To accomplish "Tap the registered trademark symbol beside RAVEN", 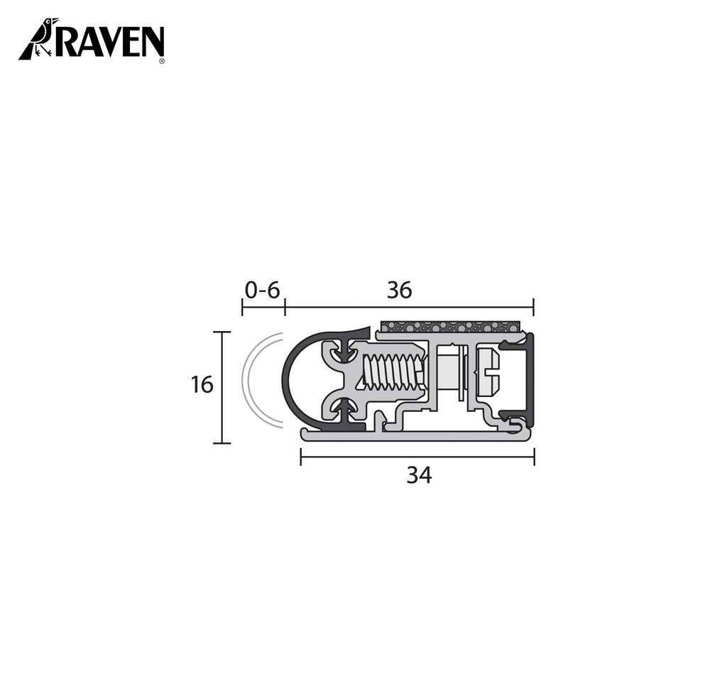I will (x=163, y=62).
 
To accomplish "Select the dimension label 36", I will (x=399, y=290).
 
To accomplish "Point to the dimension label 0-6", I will (x=263, y=290).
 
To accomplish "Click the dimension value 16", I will (x=202, y=385).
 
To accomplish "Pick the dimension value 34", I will (x=419, y=476).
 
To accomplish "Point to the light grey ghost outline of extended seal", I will (x=248, y=380).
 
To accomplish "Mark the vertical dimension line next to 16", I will (x=223, y=387).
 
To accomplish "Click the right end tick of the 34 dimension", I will (x=534, y=457).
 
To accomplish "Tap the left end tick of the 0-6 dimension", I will (x=242, y=308).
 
